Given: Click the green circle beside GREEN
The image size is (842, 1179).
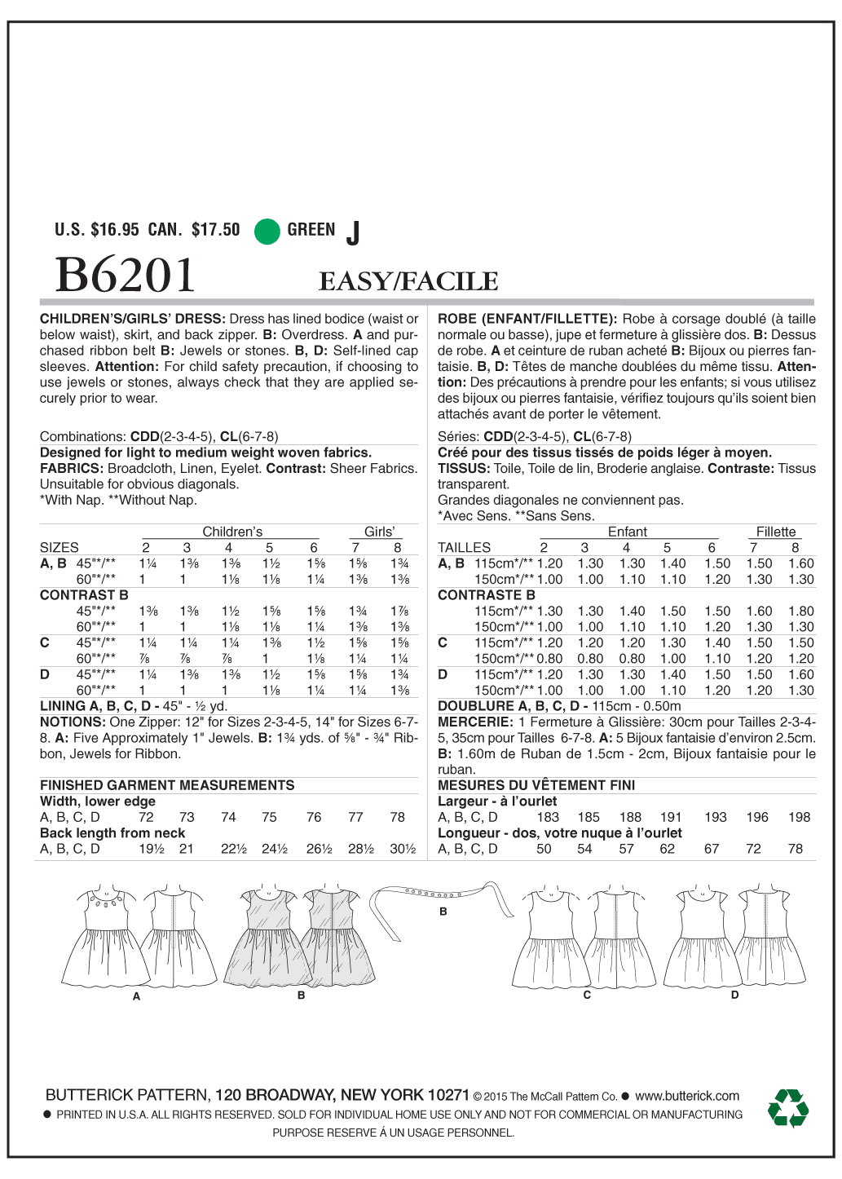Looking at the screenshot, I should pyautogui.click(x=267, y=231).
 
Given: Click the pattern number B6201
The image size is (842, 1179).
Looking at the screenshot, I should pyautogui.click(x=126, y=276).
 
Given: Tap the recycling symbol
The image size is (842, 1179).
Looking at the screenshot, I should pyautogui.click(x=787, y=1108).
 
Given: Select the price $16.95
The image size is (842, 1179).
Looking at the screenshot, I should pyautogui.click(x=115, y=230).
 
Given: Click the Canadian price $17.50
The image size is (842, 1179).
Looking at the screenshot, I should pyautogui.click(x=215, y=230).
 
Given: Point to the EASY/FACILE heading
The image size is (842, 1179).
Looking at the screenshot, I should pyautogui.click(x=408, y=281).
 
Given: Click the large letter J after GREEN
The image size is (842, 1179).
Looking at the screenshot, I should pyautogui.click(x=352, y=233).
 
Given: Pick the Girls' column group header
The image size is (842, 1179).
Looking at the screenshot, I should pyautogui.click(x=379, y=532).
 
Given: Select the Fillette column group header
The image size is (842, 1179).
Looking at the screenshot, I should pyautogui.click(x=775, y=532).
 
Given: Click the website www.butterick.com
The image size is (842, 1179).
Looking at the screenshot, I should pyautogui.click(x=687, y=1096).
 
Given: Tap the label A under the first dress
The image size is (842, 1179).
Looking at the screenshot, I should pyautogui.click(x=137, y=996).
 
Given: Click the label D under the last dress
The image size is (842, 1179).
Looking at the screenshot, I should pyautogui.click(x=734, y=995).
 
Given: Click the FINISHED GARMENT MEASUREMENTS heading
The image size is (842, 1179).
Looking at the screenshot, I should pyautogui.click(x=167, y=785).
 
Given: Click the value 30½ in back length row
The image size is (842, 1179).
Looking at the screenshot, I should pyautogui.click(x=402, y=849).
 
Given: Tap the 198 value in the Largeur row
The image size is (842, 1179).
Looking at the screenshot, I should pyautogui.click(x=799, y=817).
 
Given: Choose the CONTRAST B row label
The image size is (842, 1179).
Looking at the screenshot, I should pyautogui.click(x=84, y=595).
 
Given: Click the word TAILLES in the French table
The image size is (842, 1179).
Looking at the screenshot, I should pyautogui.click(x=464, y=548).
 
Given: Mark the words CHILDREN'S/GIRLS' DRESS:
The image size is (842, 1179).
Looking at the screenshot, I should pyautogui.click(x=133, y=319).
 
